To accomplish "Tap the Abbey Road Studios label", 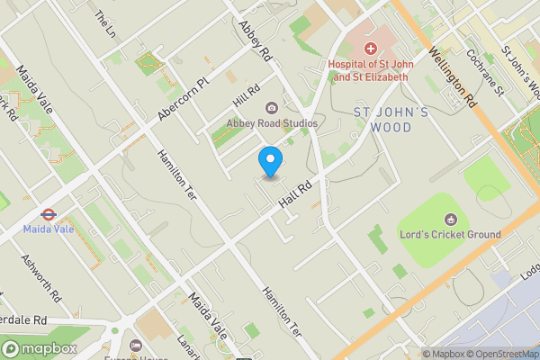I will coord(272,123).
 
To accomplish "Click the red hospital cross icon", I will coord(369,47).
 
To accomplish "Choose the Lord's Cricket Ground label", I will coord(450,235).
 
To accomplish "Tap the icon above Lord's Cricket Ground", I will coord(450,219).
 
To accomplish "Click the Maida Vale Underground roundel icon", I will coord(47,214).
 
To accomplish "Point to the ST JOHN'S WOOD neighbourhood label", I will coord(395,120).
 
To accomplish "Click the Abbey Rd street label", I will coord(254,40).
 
